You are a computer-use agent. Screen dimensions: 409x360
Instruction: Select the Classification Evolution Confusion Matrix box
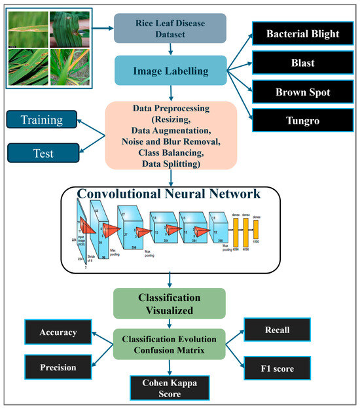170,344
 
